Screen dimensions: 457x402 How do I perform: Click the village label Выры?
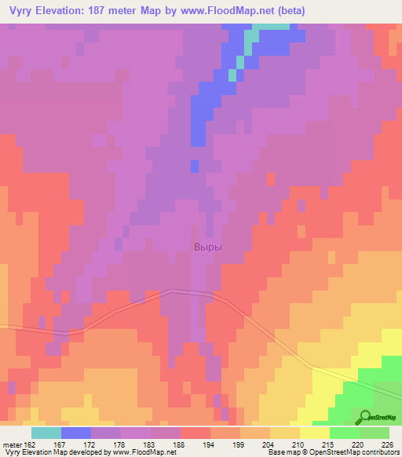coord(207,247)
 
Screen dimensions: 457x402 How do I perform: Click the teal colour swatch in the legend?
coord(46,433)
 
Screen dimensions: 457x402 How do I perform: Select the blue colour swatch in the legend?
coord(76,433)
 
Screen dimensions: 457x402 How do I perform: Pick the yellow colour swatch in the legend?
coord(314,433)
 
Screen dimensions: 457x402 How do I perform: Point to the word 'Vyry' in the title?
coord(19,11)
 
